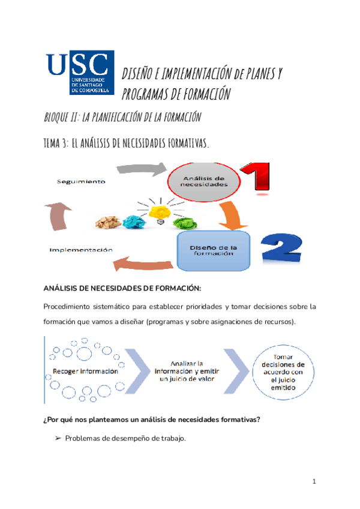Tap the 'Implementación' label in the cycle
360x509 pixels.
pyautogui.click(x=80, y=249)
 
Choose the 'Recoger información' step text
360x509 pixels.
pyautogui.click(x=89, y=372)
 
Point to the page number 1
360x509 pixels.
pyautogui.click(x=314, y=482)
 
